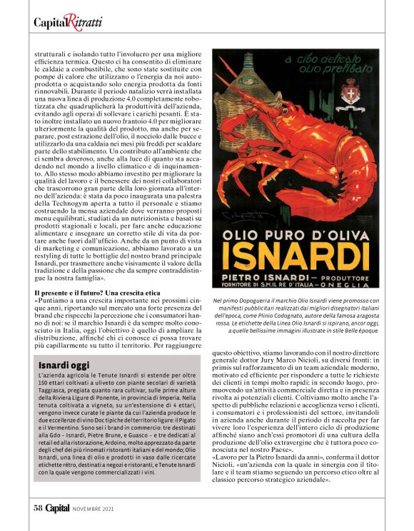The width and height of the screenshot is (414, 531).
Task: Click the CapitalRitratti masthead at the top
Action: pos(68,22)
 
